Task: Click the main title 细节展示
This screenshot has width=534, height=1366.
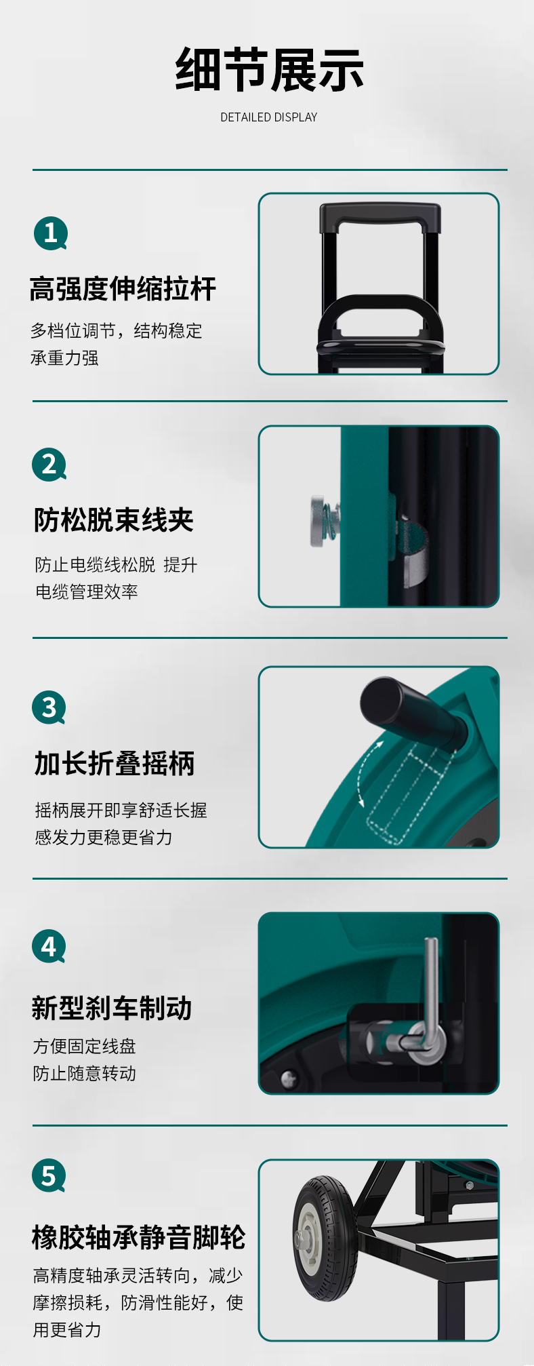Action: coord(269,70)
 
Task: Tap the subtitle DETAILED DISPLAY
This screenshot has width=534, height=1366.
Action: coord(269,117)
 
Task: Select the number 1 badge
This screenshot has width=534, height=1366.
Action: coord(51,233)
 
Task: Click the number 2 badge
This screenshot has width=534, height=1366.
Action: coord(49,465)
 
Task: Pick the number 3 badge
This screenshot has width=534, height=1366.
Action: coord(49,707)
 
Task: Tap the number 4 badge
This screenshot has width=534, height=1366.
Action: coord(49,946)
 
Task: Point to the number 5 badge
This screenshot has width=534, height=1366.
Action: coord(49,1175)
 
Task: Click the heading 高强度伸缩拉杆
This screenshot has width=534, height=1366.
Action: coord(123,289)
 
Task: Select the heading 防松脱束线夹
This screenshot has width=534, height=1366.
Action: coord(114,520)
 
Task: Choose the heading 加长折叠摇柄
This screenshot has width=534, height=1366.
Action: coord(115,764)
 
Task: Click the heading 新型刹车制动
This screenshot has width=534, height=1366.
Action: coord(112,1008)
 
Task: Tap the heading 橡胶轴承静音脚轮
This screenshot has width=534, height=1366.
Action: coord(138,1237)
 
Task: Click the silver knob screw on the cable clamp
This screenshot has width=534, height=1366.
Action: coord(321,521)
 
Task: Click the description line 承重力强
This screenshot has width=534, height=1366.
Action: coord(64,357)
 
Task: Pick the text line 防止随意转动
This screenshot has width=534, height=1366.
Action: coord(85,1073)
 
